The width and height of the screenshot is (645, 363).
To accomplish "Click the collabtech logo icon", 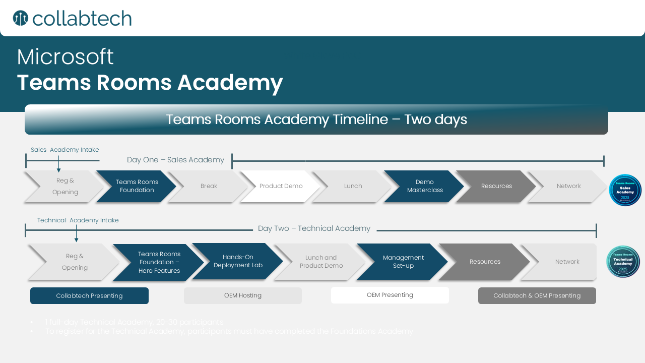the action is [20, 18].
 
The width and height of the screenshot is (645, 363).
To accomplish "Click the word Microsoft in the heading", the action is [65, 57].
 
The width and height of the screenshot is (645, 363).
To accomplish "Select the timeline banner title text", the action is [316, 119].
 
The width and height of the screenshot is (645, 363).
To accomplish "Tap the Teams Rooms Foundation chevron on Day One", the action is [137, 186].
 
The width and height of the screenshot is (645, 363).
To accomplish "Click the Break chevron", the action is [209, 186].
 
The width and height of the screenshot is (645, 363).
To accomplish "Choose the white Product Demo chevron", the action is [281, 186].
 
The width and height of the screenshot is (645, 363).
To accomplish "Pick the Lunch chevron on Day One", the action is [353, 186].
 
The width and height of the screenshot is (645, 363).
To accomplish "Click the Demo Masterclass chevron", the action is [425, 186].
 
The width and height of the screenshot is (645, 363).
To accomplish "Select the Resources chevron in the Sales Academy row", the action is [496, 186].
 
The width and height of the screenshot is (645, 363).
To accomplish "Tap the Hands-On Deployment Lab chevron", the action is [238, 261].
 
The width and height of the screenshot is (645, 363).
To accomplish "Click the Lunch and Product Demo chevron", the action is [321, 262].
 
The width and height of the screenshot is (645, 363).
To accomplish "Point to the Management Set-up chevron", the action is [403, 262].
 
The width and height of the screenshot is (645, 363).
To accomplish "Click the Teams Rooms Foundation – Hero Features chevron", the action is [159, 262].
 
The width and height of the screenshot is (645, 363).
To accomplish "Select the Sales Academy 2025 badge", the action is [625, 190].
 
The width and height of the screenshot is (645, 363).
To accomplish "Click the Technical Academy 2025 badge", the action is [623, 262].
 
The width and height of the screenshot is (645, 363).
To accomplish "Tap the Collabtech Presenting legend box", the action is [89, 296].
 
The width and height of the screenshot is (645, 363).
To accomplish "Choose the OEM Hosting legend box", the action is [243, 296].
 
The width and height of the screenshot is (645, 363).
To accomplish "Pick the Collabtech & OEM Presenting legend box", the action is [537, 296].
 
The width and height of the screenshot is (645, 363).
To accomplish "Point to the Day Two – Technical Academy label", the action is [314, 228].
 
